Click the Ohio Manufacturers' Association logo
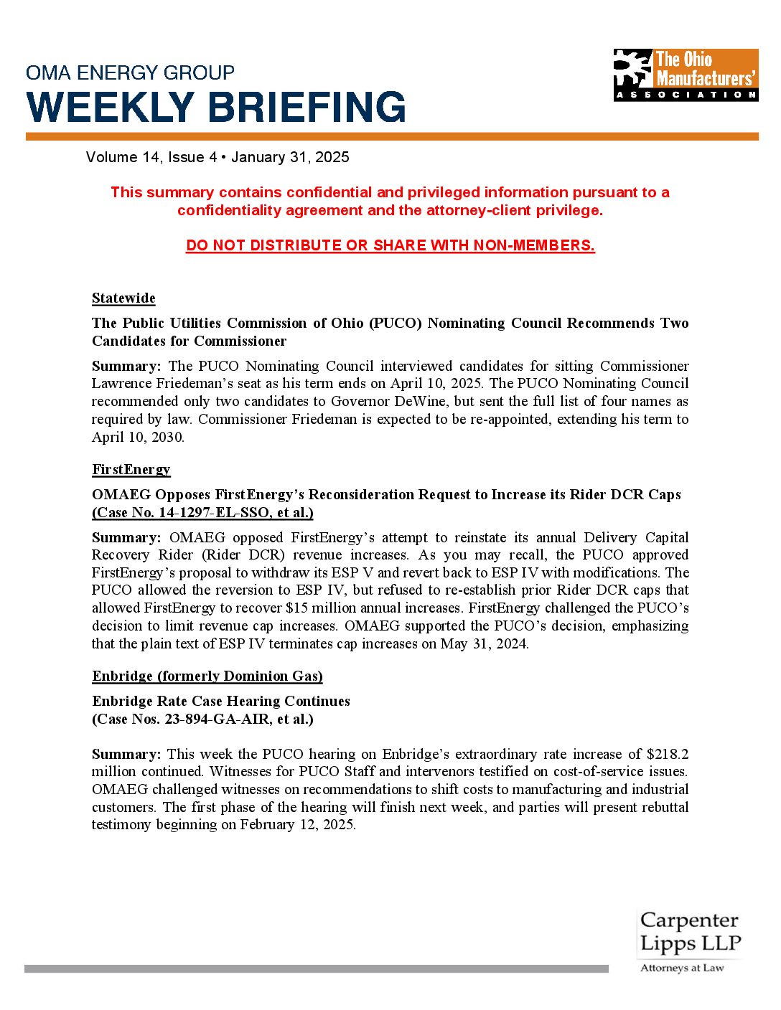[x=686, y=75]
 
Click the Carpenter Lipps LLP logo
[x=689, y=940]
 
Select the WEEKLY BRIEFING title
[x=216, y=108]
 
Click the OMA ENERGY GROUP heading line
[x=130, y=72]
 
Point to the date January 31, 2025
[x=290, y=157]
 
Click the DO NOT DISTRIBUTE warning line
[x=390, y=245]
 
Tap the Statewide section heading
[x=123, y=298]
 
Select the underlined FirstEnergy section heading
[x=131, y=470]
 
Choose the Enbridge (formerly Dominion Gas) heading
[x=207, y=676]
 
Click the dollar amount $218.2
[x=668, y=754]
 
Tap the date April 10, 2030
[x=138, y=437]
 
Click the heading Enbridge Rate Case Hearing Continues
[x=221, y=701]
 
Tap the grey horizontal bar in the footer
[x=316, y=968]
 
